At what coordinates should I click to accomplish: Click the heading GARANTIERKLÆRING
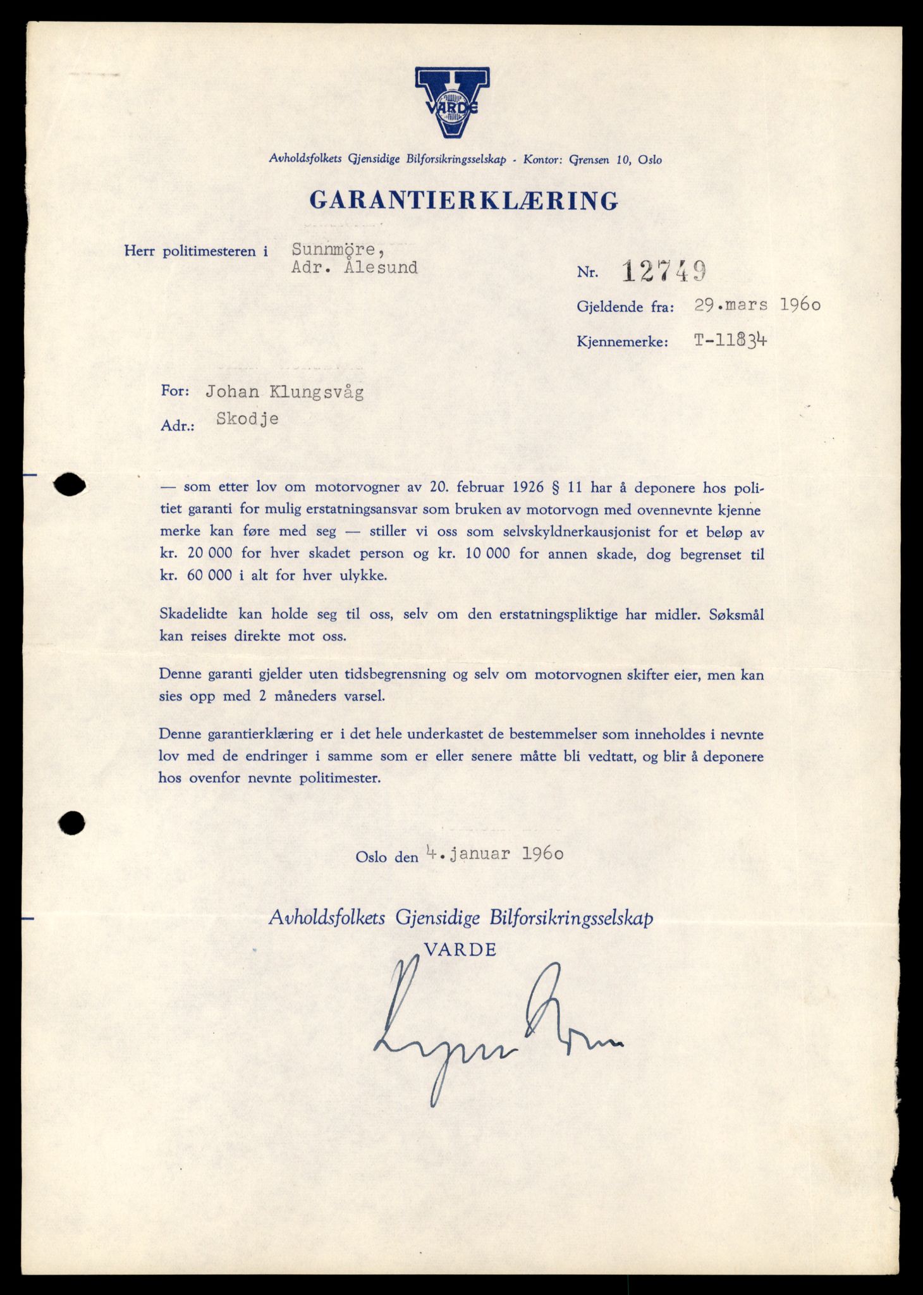point(463,200)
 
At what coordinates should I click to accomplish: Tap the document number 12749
point(664,272)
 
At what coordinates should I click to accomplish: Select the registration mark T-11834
point(731,341)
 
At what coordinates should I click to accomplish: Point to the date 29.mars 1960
point(757,305)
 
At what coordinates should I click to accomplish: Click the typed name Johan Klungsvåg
point(284,392)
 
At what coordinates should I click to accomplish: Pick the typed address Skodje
point(247,419)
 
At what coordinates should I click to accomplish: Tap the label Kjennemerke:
point(622,342)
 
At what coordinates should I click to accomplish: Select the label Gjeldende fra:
point(625,307)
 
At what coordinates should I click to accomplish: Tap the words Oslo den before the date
point(387,857)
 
